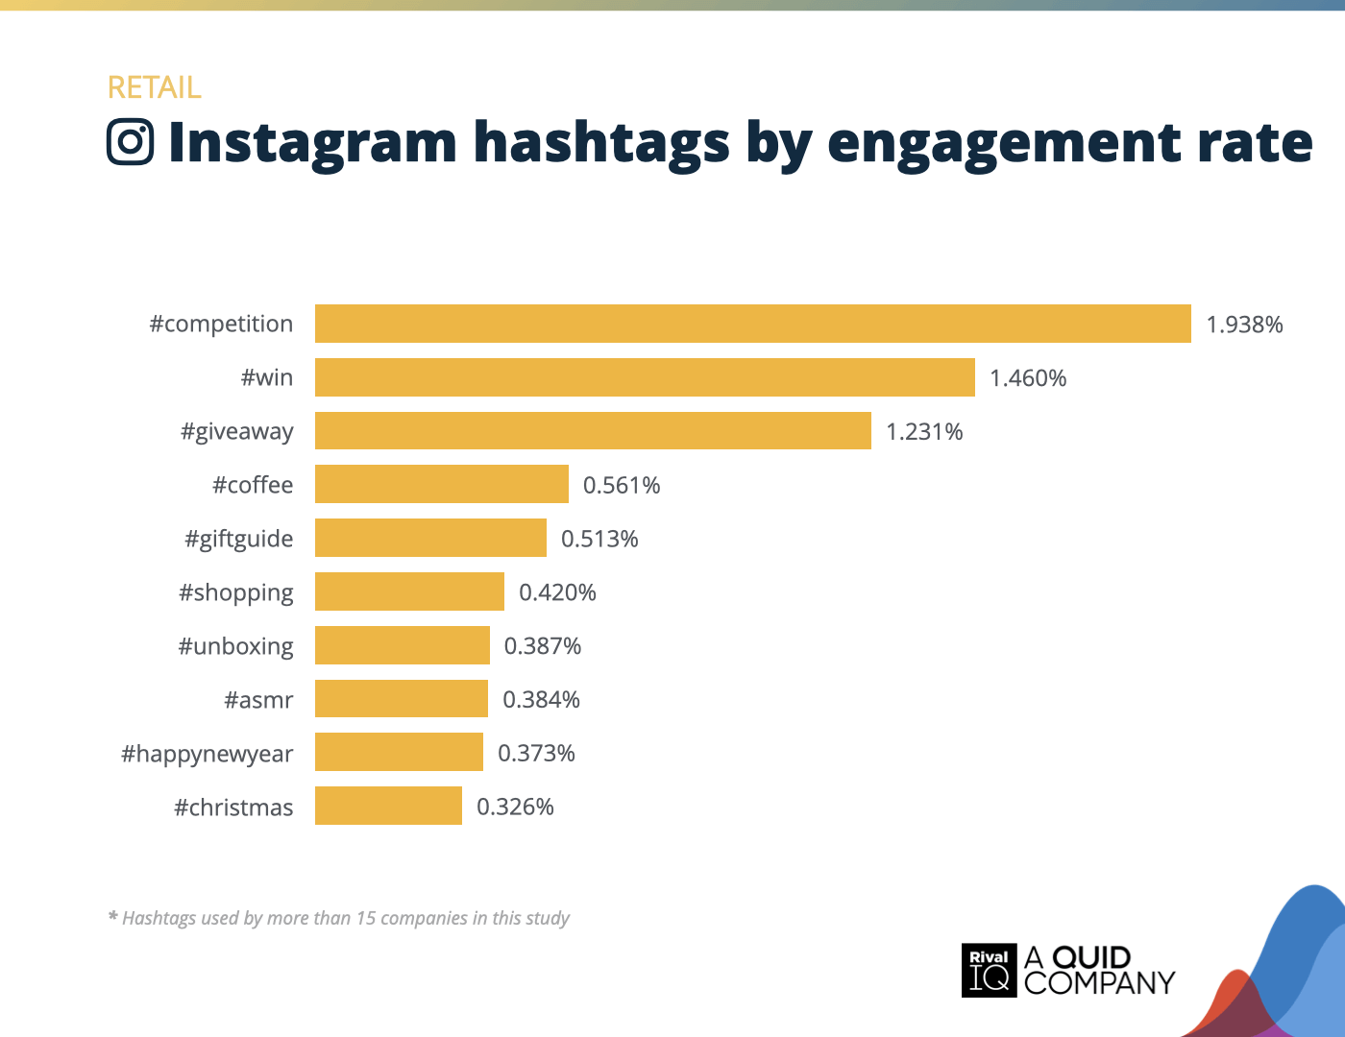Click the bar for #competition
[752, 324]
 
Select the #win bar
[645, 377]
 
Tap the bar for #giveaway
[593, 431]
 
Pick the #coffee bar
[442, 485]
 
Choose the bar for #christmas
[388, 807]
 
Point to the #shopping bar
[409, 591]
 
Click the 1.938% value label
[1244, 325]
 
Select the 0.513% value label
[599, 539]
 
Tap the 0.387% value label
[543, 646]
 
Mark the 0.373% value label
[536, 754]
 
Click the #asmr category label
[258, 700]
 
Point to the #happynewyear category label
[207, 754]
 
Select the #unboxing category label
[235, 646]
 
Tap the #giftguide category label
[238, 539]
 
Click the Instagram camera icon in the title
[131, 142]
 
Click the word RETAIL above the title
[154, 87]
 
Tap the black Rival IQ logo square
[989, 970]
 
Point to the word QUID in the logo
[1091, 957]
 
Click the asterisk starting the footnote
[112, 917]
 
